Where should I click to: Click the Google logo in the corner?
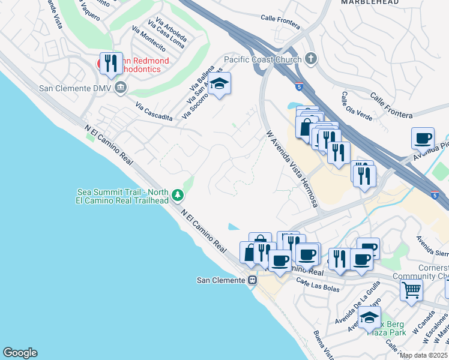point(20,353)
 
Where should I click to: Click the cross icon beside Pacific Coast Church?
point(310,59)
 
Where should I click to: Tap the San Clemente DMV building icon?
point(121,88)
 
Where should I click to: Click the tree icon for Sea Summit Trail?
point(177,195)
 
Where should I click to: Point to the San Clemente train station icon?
point(253,280)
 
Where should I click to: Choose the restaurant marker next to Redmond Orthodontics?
point(110,63)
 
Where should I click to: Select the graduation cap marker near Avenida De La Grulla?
point(370,316)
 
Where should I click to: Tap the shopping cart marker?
point(411,289)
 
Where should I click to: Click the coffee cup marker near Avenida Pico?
point(423,138)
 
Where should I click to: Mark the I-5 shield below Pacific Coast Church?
point(299,86)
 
